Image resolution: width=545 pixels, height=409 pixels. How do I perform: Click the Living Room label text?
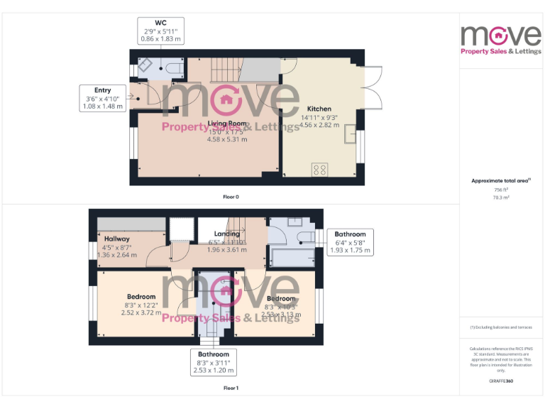point(227,124)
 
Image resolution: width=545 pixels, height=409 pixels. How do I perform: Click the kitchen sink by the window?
point(350,134)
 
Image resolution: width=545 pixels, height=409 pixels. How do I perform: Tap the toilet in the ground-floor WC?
point(172,67)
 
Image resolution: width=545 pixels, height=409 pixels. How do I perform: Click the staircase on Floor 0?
point(226,70)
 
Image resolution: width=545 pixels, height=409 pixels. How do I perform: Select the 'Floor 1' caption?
point(231,388)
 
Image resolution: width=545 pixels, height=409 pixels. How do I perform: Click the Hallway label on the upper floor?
point(116,239)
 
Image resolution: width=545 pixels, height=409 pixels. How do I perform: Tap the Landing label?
point(227,234)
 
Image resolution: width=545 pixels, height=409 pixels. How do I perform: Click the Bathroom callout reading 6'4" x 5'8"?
point(350,242)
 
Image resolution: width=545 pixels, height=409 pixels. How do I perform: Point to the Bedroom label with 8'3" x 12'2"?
point(141,297)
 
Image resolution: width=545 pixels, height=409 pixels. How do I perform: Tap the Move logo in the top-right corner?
point(501,39)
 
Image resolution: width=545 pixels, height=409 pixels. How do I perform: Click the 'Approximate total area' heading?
point(501,181)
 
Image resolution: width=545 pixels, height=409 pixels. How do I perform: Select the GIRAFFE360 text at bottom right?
point(501,381)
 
